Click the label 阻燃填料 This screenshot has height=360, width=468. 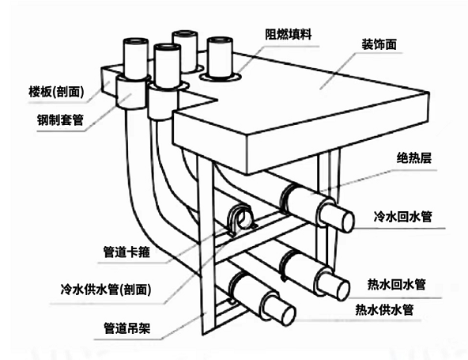[288, 34]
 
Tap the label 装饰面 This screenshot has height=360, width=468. [379, 44]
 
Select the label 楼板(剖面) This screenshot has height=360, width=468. [56, 92]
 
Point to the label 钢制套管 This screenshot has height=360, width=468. [60, 119]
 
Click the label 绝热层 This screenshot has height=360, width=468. [414, 158]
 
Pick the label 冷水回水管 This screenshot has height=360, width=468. [402, 216]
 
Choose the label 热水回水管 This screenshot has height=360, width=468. [396, 284]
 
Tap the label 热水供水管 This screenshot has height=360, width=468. [384, 310]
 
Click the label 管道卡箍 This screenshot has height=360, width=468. [126, 252]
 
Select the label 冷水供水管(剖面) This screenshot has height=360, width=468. [106, 290]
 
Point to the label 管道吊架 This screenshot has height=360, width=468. [126, 328]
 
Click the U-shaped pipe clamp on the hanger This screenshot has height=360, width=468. [240, 219]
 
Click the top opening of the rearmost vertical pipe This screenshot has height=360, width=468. [185, 33]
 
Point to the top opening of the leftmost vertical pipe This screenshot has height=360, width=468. [136, 41]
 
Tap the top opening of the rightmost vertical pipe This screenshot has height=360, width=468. [220, 40]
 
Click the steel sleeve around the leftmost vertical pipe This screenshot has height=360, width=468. [130, 93]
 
